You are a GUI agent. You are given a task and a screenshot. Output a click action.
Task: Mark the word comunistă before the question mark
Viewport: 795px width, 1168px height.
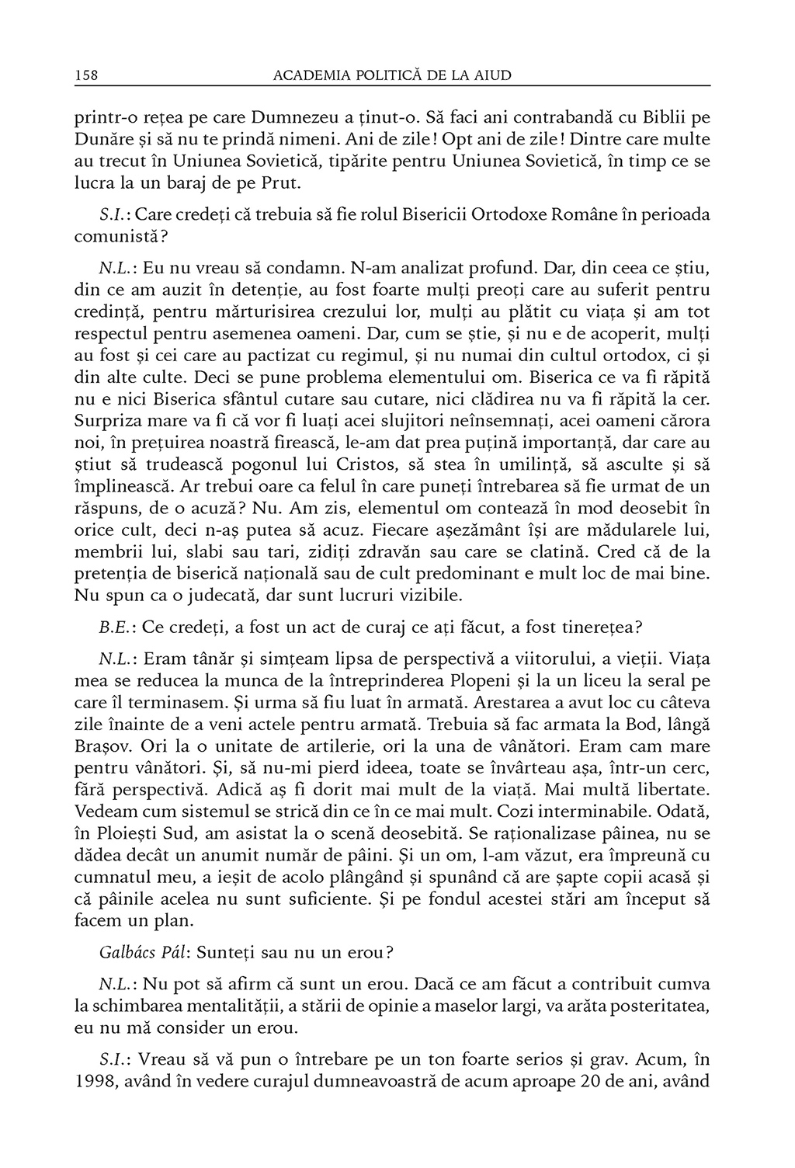[x=113, y=235]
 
